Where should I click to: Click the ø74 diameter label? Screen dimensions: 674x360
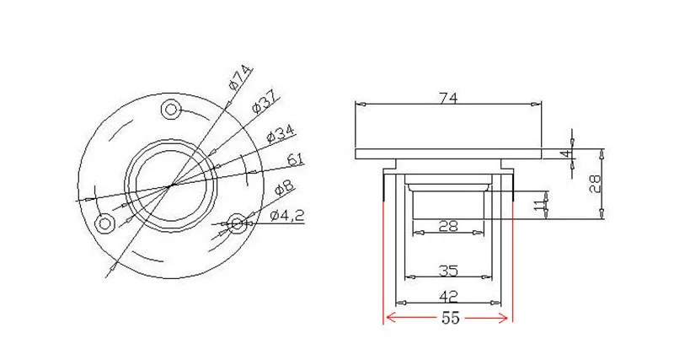pyautogui.click(x=240, y=78)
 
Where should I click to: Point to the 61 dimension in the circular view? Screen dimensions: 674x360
pyautogui.click(x=296, y=160)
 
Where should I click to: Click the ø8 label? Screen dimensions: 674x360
pyautogui.click(x=284, y=188)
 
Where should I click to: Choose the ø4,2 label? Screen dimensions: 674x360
pyautogui.click(x=287, y=215)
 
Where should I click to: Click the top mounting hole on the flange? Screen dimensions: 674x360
pyautogui.click(x=171, y=110)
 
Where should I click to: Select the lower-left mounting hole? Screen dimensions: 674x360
pyautogui.click(x=104, y=223)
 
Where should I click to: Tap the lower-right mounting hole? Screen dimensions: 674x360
pyautogui.click(x=237, y=223)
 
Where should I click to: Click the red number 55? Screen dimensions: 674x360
pyautogui.click(x=450, y=319)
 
